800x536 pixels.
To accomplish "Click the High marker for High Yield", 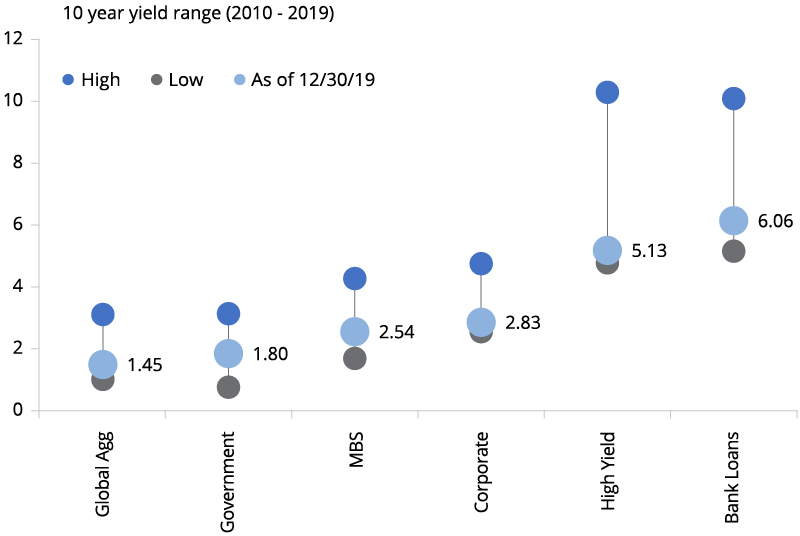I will tap(607, 92).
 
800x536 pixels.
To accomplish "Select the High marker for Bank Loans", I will tap(733, 98).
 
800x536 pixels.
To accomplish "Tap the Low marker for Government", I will tap(228, 387).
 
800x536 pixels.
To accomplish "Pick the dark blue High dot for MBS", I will tap(354, 278).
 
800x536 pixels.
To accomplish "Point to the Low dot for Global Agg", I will tap(102, 379).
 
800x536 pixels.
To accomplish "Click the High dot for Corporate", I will tap(481, 263).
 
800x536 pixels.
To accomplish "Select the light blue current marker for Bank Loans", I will tap(733, 221).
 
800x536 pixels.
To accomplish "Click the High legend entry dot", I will tap(68, 80).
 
